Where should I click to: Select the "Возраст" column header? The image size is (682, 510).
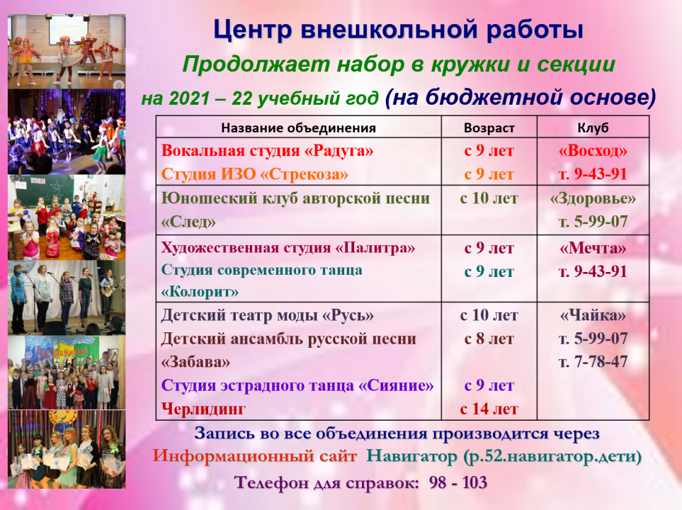489,128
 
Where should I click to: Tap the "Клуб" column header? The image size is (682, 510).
593,128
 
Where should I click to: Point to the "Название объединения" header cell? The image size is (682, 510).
298,128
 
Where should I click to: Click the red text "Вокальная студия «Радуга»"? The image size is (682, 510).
267,151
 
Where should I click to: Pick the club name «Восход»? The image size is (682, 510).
593,151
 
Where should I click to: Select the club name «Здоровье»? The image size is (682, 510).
593,198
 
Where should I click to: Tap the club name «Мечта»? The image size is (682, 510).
593,249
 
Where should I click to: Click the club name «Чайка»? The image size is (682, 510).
593,315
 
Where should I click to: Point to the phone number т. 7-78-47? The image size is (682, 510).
593,362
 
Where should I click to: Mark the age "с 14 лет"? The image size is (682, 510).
489,409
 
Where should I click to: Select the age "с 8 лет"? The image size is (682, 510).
489,339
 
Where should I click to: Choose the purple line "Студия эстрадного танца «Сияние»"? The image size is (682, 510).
297,385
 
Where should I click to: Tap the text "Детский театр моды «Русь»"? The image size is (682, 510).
267,315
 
